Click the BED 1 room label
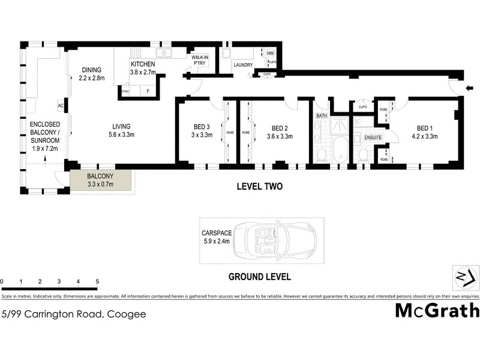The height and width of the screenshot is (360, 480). (x=424, y=128)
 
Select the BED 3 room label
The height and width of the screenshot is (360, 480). (x=202, y=127)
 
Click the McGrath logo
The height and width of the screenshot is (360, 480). (x=437, y=310)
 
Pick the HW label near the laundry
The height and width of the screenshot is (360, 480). (x=271, y=53)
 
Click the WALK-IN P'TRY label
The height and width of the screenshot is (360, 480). (x=200, y=61)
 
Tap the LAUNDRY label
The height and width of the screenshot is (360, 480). (x=243, y=65)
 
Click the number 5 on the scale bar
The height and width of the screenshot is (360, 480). (x=97, y=281)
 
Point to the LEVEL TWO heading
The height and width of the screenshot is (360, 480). (x=259, y=187)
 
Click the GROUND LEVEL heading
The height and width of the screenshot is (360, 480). (x=259, y=277)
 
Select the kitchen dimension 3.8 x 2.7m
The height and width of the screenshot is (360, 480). (x=143, y=73)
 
